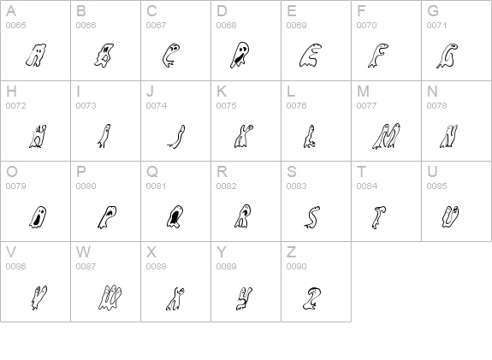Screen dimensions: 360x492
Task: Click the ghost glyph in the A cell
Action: point(34,56)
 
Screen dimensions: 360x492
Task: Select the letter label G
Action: point(433,11)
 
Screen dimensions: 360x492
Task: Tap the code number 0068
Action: point(226,26)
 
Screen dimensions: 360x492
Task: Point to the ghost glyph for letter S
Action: point(313,217)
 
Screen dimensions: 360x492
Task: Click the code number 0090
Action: point(296,267)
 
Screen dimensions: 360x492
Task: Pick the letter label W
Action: point(83,252)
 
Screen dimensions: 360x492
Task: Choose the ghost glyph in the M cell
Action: point(385,136)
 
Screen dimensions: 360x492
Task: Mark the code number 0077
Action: point(366,106)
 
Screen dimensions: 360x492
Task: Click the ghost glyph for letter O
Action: point(38,217)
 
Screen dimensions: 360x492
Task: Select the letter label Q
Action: point(151,172)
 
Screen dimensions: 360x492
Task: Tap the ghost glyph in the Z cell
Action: point(313,297)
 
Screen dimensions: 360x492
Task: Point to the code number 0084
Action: point(366,186)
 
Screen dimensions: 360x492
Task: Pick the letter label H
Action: point(10,91)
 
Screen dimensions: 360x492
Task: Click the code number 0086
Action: point(15,267)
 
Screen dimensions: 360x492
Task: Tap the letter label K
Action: point(222,91)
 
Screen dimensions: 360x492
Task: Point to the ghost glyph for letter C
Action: point(171,56)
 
